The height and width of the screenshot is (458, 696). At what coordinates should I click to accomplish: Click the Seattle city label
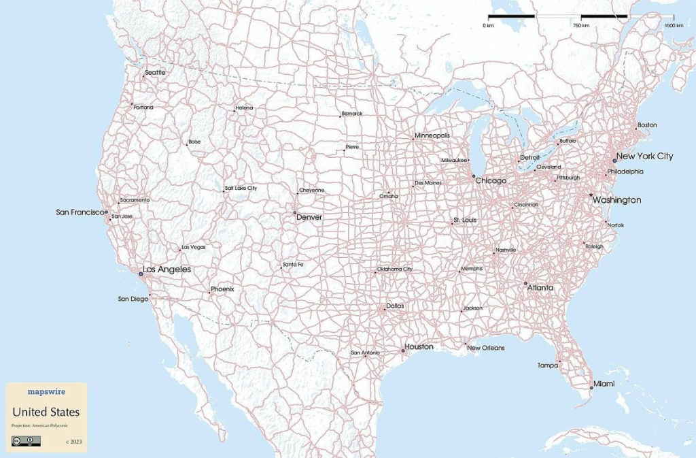point(155,72)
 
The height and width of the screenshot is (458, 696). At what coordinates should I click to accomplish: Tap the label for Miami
point(604,385)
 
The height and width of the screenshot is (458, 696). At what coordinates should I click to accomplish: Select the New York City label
point(644,156)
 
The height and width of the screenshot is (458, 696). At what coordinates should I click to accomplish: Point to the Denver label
point(309,217)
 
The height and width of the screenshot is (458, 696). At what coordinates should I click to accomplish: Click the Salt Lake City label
point(242,188)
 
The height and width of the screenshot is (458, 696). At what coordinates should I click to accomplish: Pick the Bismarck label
point(353,113)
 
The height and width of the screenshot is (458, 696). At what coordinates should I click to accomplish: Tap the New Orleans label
point(486,348)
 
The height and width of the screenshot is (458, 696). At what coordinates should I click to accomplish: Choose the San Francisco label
point(79,212)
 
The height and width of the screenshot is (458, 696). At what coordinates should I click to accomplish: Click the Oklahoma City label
point(395,269)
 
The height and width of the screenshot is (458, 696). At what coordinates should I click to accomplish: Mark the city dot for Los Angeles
point(141,274)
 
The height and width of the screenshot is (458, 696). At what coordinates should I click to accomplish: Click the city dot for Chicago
point(474,177)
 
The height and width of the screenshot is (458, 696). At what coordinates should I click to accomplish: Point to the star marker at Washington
point(591,195)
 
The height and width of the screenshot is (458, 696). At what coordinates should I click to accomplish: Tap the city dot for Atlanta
point(525,283)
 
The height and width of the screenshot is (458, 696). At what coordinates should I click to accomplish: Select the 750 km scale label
point(581,25)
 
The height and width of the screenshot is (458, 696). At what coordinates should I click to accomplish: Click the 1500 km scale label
point(674,25)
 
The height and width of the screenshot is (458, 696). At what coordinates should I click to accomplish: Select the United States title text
point(46,412)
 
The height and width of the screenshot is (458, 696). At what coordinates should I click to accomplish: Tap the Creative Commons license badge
point(26,441)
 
